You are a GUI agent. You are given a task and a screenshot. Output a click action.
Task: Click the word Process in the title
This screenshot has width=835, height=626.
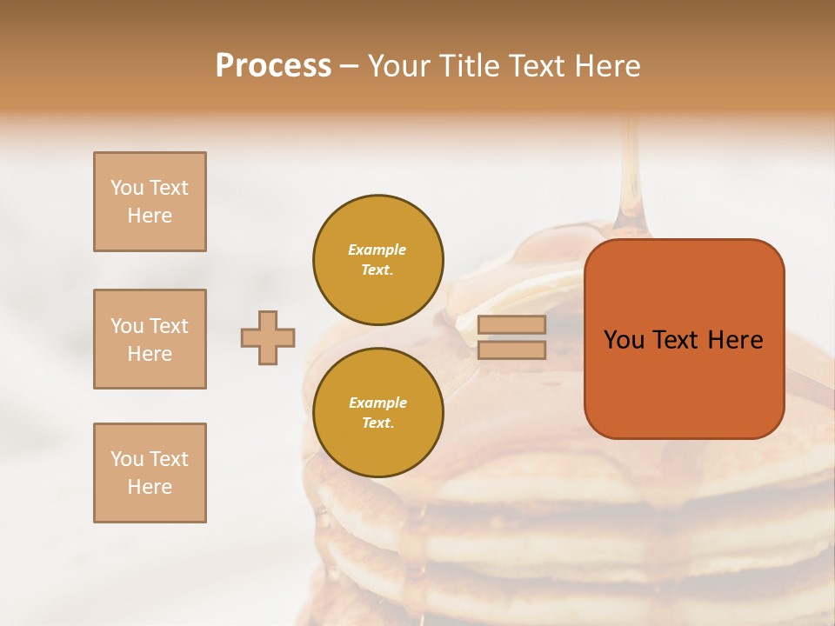point(273,66)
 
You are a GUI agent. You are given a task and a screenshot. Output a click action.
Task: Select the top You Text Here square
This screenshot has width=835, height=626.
point(150,202)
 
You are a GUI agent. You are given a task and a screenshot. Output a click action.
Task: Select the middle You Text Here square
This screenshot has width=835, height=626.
point(150,339)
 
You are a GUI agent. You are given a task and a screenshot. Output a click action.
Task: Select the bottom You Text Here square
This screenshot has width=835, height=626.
point(150,473)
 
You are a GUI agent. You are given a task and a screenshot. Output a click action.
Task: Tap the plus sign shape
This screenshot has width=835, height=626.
point(268,337)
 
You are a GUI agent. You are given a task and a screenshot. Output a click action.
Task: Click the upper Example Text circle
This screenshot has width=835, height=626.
point(378,260)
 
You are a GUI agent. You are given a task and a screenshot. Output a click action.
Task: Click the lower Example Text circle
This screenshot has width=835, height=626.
point(378,413)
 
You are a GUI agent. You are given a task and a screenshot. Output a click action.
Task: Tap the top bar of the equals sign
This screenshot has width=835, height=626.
point(511,325)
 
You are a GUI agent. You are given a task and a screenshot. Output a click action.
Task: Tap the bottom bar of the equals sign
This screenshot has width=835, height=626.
point(511,350)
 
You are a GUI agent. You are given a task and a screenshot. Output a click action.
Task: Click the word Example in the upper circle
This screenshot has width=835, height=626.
point(377,250)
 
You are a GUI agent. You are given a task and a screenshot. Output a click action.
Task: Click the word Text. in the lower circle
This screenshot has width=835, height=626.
point(377,423)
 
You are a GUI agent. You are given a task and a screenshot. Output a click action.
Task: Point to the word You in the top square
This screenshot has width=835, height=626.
point(127,188)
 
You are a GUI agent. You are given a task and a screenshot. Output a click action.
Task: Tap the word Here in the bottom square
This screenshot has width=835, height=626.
point(150,487)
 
